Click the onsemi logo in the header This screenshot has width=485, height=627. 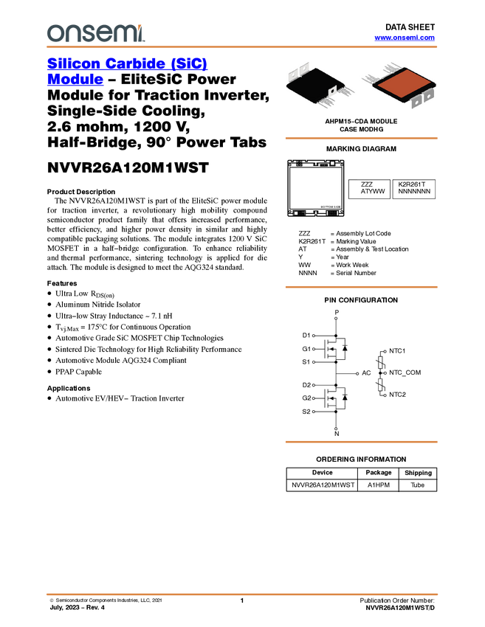[x=95, y=33]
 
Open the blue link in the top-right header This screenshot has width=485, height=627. [x=405, y=38]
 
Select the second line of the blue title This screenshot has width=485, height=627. [x=75, y=80]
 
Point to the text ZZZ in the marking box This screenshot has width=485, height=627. [x=367, y=184]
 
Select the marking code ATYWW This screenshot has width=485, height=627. [x=373, y=192]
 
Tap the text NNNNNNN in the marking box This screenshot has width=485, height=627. [x=413, y=192]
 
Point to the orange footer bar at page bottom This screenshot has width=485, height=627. [x=242, y=594]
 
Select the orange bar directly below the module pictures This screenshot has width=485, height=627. [x=361, y=138]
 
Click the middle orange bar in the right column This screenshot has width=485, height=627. [x=361, y=287]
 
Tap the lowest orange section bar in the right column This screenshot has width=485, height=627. [x=361, y=442]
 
